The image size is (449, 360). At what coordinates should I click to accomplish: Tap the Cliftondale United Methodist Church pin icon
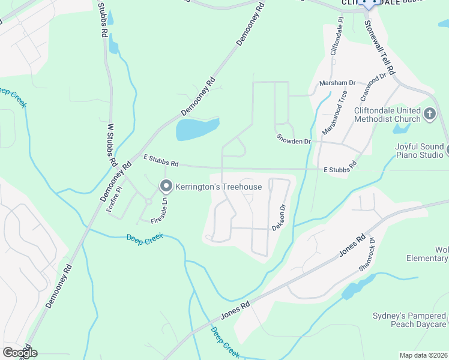point(430,113)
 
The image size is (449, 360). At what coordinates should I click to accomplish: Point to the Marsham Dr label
point(337,83)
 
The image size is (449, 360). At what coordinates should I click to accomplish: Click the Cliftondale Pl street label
point(336,36)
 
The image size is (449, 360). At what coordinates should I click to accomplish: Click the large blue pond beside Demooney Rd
point(197,128)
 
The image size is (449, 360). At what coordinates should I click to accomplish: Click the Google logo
point(20,352)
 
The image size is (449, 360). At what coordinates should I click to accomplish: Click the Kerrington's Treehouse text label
point(218,187)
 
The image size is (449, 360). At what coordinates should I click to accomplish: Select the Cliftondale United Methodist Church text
point(387,115)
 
